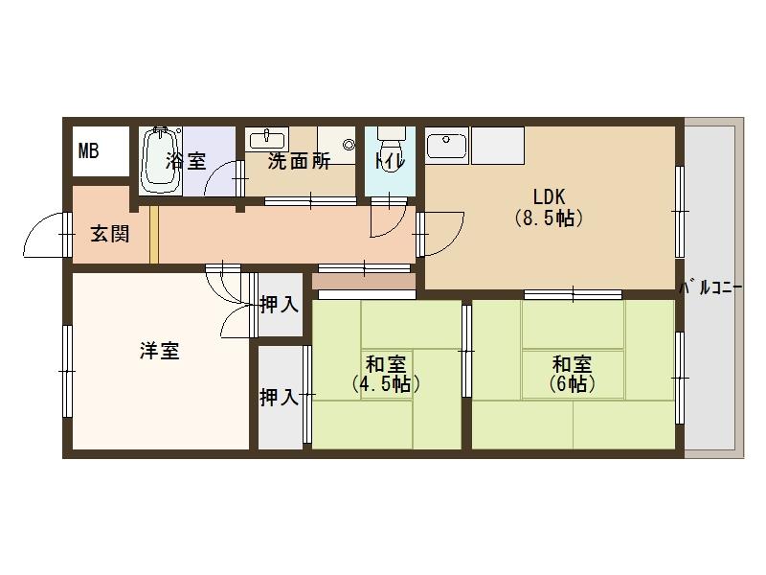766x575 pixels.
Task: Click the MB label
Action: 88,151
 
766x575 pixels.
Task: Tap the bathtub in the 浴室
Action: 160,161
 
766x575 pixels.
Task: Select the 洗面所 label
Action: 299,161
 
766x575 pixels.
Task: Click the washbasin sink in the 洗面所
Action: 267,139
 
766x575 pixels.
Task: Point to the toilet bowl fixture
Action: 391,141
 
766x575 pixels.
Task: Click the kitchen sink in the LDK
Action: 446,143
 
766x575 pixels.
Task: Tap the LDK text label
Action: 549,196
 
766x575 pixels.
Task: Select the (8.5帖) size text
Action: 549,218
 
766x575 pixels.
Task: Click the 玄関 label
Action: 110,234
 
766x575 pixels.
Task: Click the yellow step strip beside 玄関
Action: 154,235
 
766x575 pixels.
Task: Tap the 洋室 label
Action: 160,351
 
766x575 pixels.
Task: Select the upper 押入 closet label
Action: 279,304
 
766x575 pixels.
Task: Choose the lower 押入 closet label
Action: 279,397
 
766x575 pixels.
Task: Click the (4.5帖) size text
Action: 386,384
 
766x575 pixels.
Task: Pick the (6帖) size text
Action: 572,384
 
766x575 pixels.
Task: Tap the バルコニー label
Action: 711,288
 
